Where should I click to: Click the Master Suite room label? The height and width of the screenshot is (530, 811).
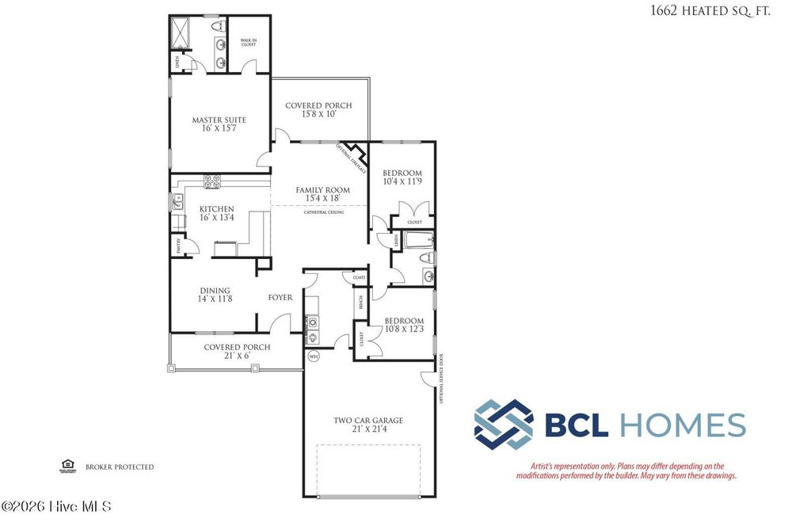click(x=219, y=124)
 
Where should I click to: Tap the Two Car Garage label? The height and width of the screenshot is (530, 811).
click(x=367, y=425)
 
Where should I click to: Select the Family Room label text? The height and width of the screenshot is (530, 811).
click(x=322, y=194)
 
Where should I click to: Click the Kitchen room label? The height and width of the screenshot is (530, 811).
click(x=216, y=213)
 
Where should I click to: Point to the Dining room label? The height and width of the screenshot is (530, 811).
click(x=214, y=295)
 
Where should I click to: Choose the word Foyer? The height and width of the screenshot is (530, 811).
click(x=280, y=298)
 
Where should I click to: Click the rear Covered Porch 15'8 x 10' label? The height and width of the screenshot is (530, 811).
click(x=318, y=109)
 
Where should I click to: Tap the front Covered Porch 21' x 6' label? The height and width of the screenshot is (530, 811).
click(x=237, y=351)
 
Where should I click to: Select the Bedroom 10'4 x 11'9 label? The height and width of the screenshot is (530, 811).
click(x=402, y=177)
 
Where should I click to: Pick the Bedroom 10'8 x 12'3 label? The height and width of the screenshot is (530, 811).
click(x=404, y=325)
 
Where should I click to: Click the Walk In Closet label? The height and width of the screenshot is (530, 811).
click(x=249, y=42)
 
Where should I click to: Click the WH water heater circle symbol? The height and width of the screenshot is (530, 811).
click(x=313, y=356)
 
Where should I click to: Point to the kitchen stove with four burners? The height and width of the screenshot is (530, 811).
click(x=212, y=182)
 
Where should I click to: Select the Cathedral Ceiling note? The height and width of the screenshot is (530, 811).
click(x=323, y=212)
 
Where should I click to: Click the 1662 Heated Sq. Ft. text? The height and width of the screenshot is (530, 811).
click(x=710, y=10)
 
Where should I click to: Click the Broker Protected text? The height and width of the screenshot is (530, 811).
click(x=120, y=467)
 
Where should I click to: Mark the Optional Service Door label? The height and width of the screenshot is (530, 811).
click(x=441, y=379)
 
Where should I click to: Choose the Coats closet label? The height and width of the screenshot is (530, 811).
click(x=348, y=277)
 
